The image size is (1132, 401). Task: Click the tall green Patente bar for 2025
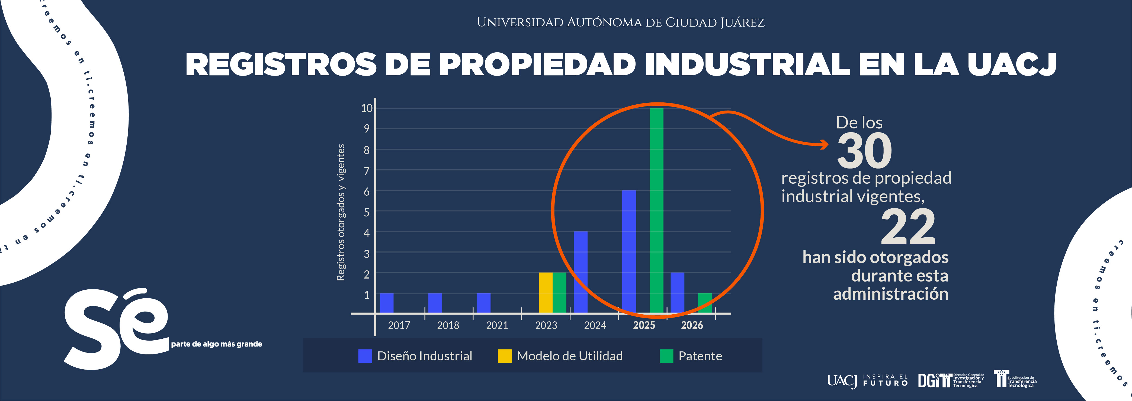pos(656,211)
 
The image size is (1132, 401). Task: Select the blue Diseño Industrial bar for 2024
pos(581,272)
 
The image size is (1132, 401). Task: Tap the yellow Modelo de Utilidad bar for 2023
pos(545,293)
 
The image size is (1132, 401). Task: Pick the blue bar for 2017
pos(386,303)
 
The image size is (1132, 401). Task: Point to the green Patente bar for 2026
pos(704,303)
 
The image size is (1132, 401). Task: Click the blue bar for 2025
pos(629,252)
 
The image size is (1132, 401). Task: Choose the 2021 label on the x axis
pos(497,325)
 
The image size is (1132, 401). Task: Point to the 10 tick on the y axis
pos(367,108)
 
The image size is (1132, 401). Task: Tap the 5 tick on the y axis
pos(367,212)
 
